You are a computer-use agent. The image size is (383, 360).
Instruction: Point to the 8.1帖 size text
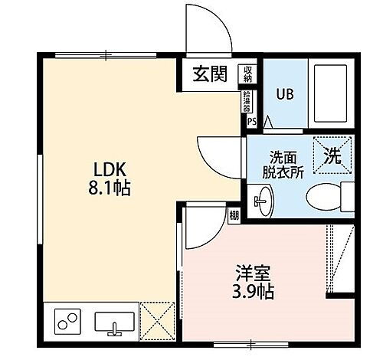[x=105, y=187]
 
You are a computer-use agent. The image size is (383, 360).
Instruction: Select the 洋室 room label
[x=250, y=272]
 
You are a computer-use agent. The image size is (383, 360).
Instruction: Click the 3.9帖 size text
[x=252, y=291]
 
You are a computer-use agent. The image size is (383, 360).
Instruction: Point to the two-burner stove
[x=67, y=320]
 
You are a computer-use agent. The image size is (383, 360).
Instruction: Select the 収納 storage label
[x=248, y=74]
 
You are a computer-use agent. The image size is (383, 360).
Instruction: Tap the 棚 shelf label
[x=234, y=216]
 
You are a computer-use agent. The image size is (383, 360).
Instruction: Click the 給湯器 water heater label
[x=247, y=100]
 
